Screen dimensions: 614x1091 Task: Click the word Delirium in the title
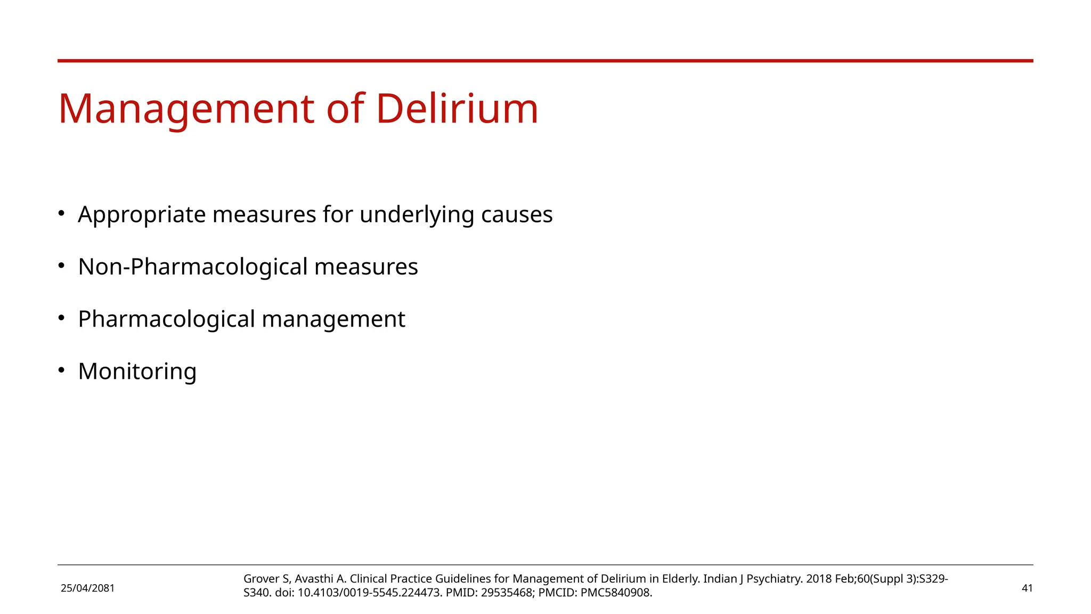(457, 109)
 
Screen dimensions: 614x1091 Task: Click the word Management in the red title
(186, 109)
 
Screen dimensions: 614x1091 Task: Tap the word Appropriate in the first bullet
(142, 215)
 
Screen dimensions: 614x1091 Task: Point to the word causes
(517, 215)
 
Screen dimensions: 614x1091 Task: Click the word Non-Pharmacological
(193, 267)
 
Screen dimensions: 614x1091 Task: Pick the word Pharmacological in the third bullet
(167, 319)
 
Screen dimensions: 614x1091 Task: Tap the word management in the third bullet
(333, 319)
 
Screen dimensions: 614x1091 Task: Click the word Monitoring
(137, 371)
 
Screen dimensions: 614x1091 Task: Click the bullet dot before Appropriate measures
(61, 213)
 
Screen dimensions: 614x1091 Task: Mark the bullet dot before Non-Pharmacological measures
(61, 265)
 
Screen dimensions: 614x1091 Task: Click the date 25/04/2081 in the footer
(88, 588)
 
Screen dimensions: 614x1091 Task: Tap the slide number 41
(1027, 588)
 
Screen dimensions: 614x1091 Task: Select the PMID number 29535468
(506, 593)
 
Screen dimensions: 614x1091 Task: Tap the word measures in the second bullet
(366, 267)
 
